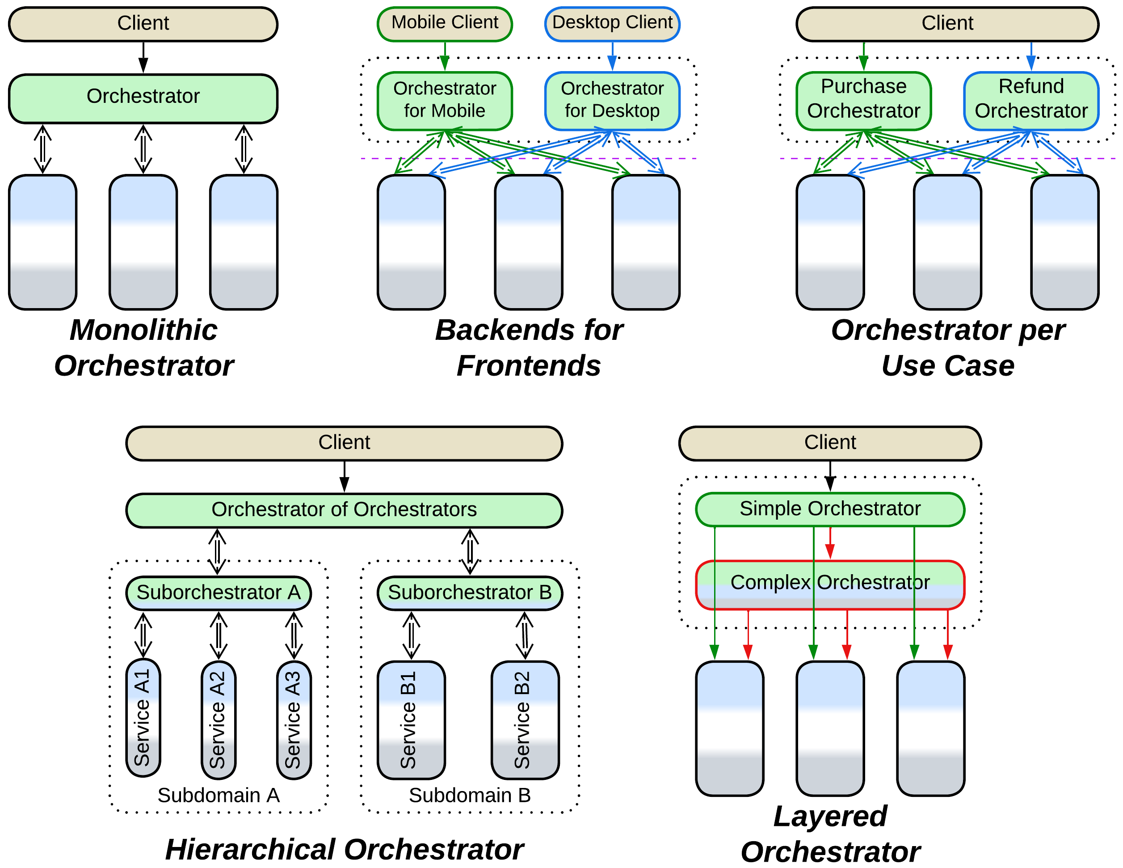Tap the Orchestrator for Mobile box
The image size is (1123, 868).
click(x=444, y=100)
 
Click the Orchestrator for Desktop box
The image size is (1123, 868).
click(x=612, y=100)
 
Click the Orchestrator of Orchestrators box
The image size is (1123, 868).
click(x=344, y=510)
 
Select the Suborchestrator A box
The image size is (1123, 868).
click(x=219, y=593)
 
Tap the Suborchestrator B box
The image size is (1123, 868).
click(x=470, y=593)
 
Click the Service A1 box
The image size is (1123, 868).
click(x=143, y=718)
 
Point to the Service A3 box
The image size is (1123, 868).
click(x=294, y=719)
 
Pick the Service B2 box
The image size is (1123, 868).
click(x=525, y=719)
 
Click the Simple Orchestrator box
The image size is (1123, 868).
click(x=829, y=509)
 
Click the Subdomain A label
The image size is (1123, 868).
click(x=219, y=796)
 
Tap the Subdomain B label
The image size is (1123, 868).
click(x=470, y=796)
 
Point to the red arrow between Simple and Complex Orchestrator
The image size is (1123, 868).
click(x=829, y=543)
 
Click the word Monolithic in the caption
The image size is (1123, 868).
click(x=143, y=330)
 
